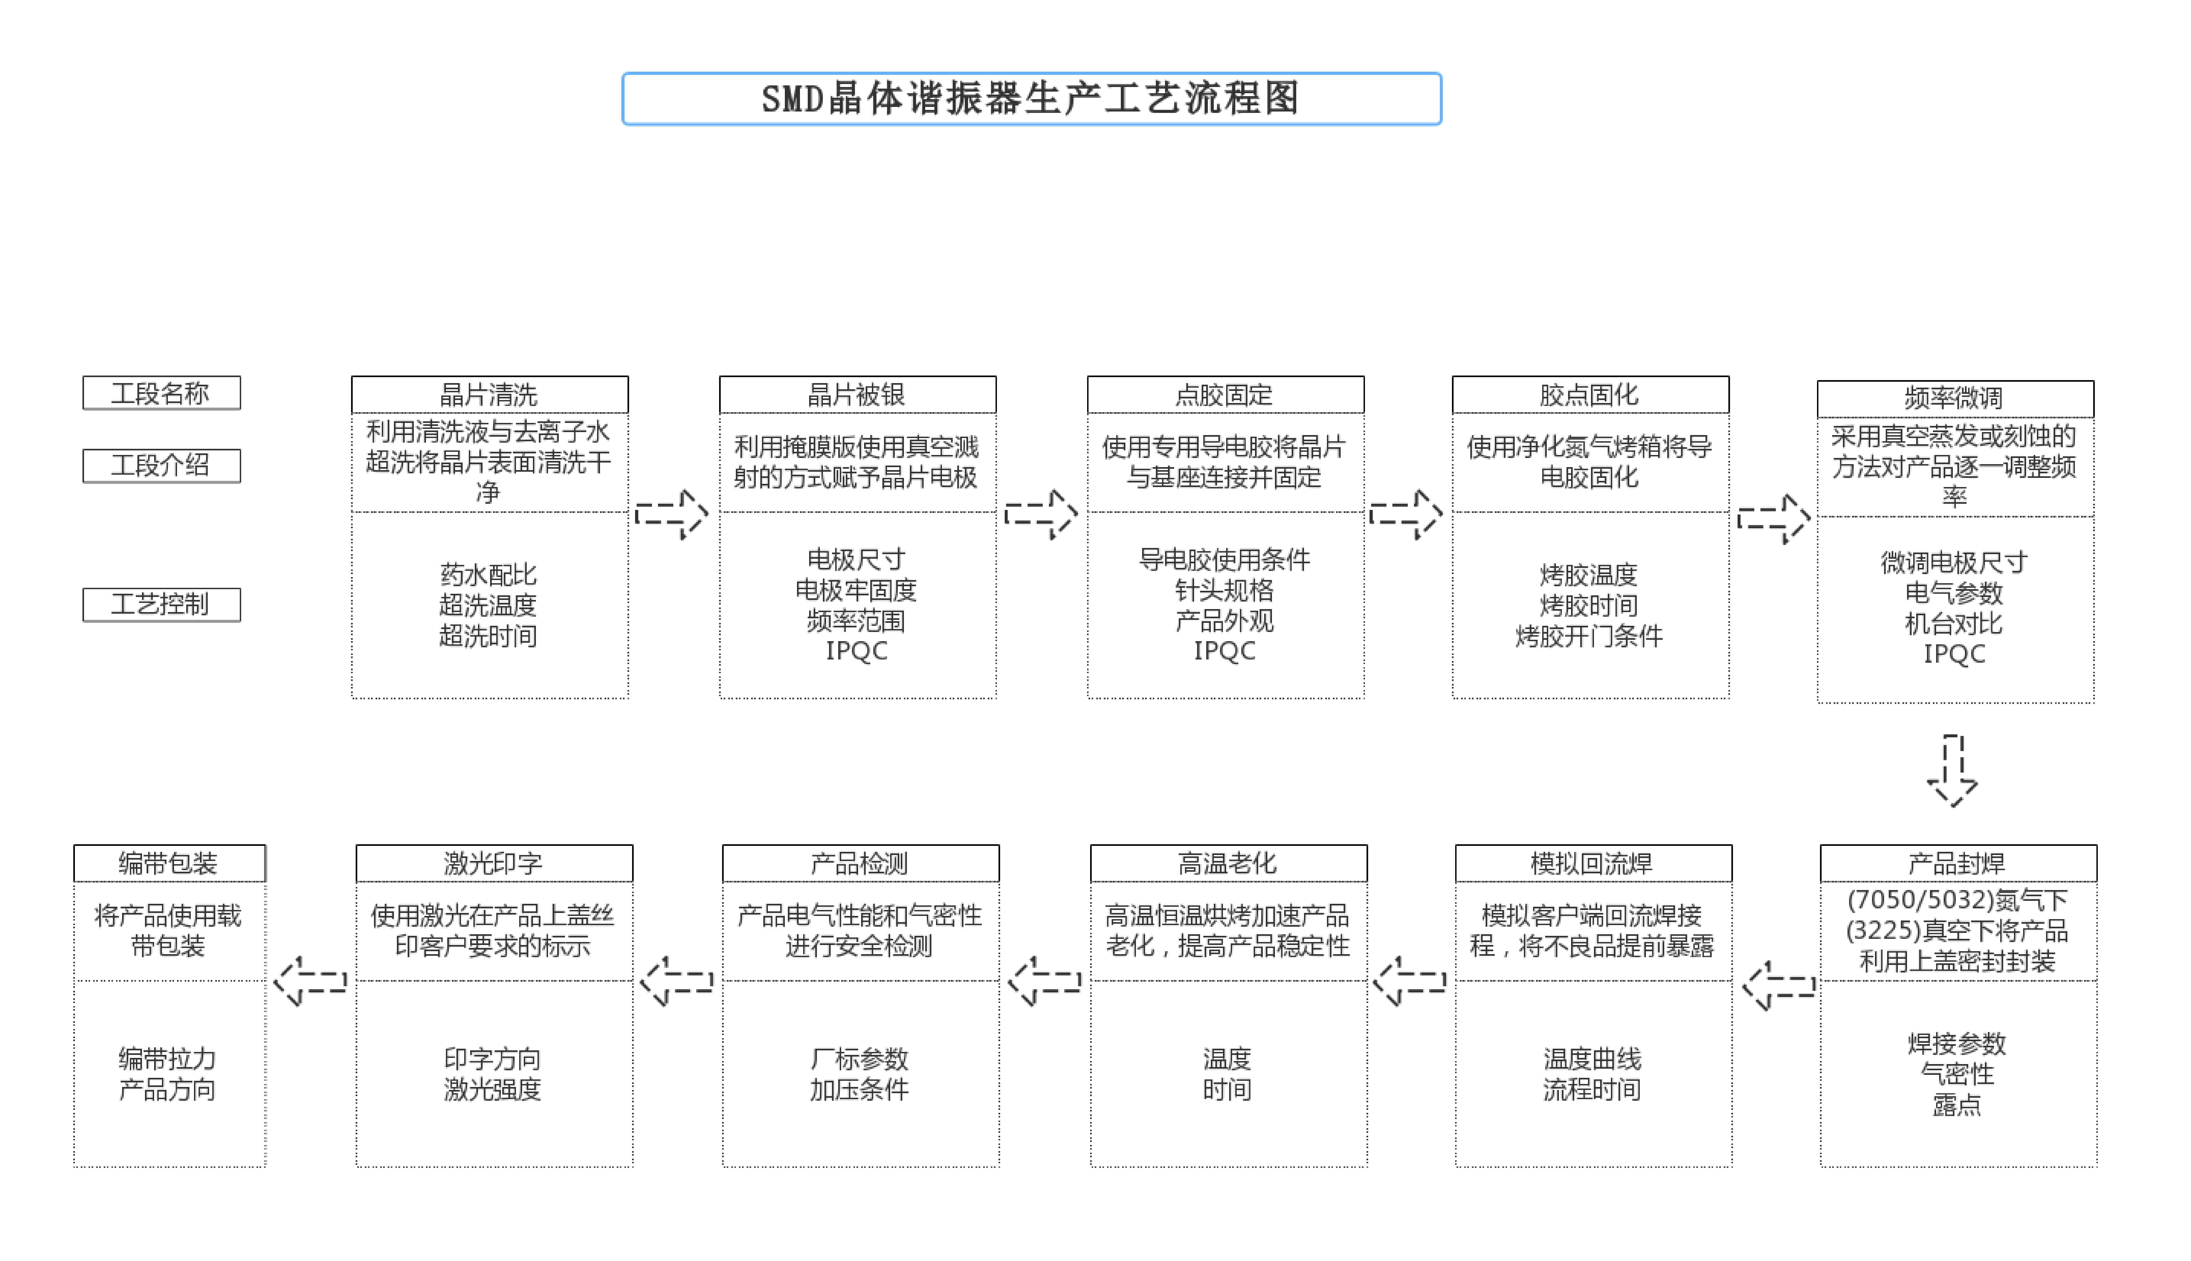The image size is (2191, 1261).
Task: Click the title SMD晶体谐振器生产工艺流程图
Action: pyautogui.click(x=1031, y=99)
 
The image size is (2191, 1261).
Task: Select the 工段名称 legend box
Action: pyautogui.click(x=161, y=393)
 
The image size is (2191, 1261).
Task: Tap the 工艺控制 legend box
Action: pyautogui.click(x=161, y=605)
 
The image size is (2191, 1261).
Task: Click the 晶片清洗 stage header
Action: pyautogui.click(x=489, y=395)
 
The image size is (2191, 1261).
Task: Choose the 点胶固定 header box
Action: pyautogui.click(x=1225, y=395)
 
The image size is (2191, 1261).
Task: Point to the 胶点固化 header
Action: pyautogui.click(x=1590, y=395)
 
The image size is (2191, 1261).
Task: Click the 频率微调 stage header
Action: pyautogui.click(x=1955, y=398)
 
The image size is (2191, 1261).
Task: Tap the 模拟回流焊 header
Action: pyautogui.click(x=1593, y=863)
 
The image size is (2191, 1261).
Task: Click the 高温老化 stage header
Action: pyautogui.click(x=1228, y=863)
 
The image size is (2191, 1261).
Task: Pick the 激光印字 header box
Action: pyautogui.click(x=494, y=863)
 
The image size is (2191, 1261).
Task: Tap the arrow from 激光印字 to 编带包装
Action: pyautogui.click(x=310, y=981)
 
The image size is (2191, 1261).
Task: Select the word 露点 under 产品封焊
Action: pyautogui.click(x=1957, y=1105)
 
